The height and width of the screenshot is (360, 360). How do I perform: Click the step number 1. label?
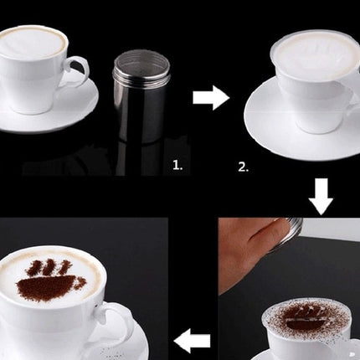coord(177,166)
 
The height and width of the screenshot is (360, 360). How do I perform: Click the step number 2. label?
coord(244,167)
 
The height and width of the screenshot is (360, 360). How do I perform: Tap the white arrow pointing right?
coord(211,98)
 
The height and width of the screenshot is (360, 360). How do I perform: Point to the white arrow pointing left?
coord(192,341)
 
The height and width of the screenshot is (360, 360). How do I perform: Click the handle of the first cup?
coord(78,71)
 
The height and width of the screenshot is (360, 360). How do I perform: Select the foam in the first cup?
coord(33,42)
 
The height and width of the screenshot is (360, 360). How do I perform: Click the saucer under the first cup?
coord(48,107)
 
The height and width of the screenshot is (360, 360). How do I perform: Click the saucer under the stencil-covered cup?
coord(301,123)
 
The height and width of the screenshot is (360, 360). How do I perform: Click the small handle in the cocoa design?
coord(80,283)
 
